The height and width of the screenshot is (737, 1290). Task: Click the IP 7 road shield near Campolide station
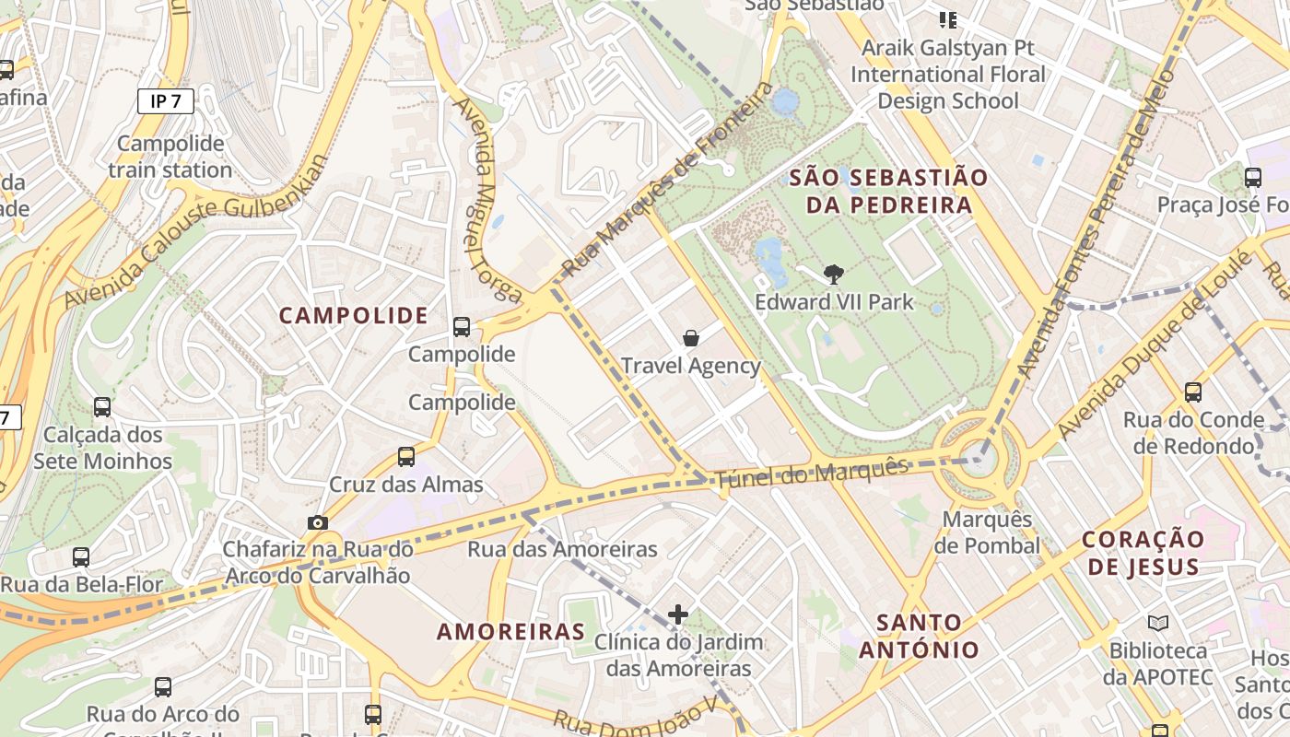click(x=166, y=101)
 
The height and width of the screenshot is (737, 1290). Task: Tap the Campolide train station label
click(x=170, y=157)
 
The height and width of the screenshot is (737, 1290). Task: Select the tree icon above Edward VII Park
click(x=834, y=274)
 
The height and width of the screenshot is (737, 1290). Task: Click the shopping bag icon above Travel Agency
click(x=691, y=338)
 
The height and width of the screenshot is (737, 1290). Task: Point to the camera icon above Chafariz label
click(x=318, y=522)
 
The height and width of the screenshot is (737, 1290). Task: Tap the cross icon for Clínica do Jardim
click(x=678, y=614)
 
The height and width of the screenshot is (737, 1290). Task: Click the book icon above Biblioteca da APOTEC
click(x=1158, y=623)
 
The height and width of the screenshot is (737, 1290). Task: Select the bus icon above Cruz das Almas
click(x=406, y=456)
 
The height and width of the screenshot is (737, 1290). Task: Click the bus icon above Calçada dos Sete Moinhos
click(x=102, y=406)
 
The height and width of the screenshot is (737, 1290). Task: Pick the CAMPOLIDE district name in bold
click(x=354, y=316)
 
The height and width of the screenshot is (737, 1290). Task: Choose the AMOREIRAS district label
click(x=510, y=632)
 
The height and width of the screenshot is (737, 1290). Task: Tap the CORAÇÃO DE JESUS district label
click(x=1143, y=553)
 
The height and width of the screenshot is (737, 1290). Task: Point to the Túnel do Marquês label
click(x=812, y=472)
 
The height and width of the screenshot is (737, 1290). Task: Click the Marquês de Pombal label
click(x=987, y=532)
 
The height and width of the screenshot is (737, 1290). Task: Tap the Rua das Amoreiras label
click(x=563, y=550)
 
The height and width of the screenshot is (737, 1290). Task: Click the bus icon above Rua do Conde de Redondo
click(x=1193, y=392)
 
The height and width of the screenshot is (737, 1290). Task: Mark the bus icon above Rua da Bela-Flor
click(x=81, y=556)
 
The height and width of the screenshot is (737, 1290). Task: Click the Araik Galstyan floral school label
click(x=948, y=74)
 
